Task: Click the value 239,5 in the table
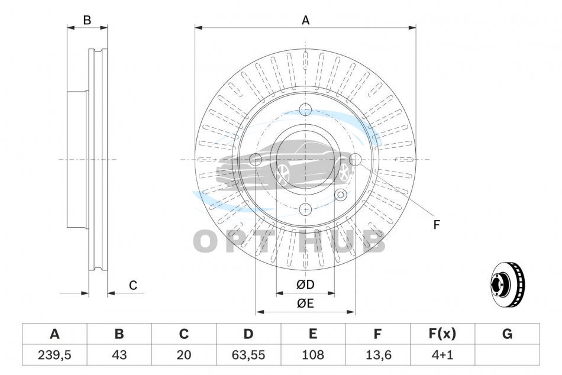(54, 355)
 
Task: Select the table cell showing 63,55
(248, 355)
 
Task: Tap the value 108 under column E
(313, 355)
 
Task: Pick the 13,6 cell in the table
(378, 355)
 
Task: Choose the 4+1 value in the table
(443, 355)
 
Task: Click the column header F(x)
(443, 334)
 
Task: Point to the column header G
(507, 334)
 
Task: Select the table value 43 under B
(119, 355)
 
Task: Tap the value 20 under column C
(184, 355)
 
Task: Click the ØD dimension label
(305, 285)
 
